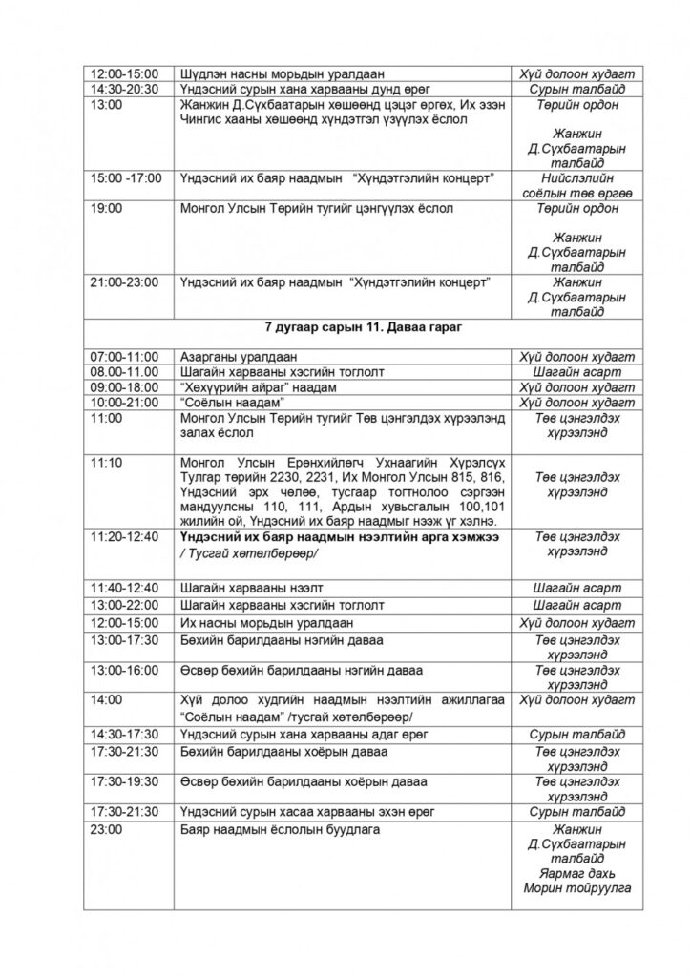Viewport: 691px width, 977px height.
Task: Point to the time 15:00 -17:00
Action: (126, 178)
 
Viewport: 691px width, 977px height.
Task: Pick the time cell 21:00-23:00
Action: (125, 282)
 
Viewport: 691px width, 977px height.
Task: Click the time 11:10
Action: (106, 462)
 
